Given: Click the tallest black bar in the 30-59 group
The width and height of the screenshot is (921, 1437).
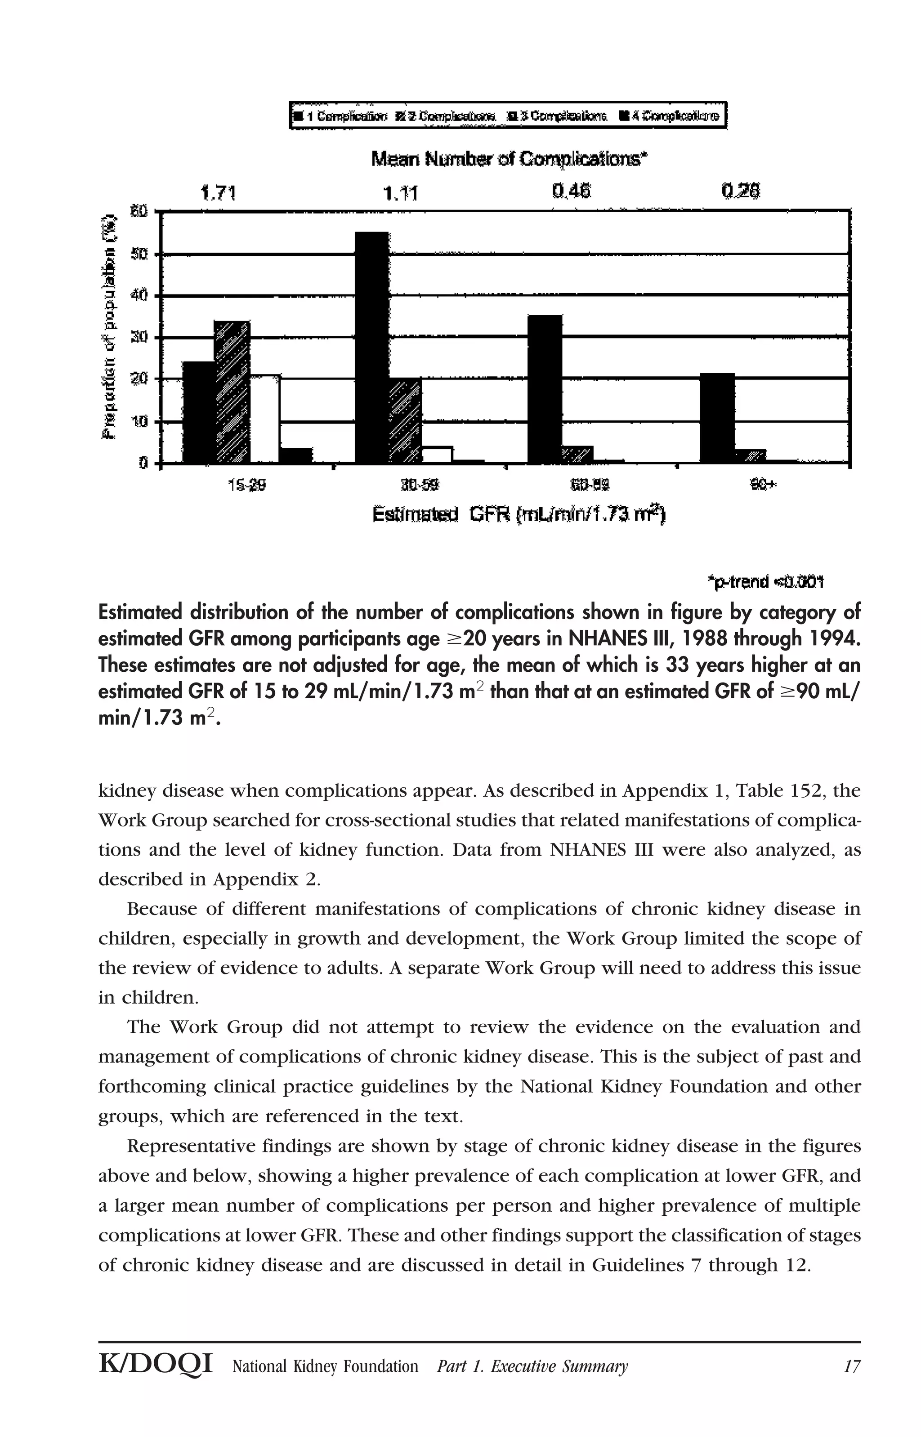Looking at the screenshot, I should (371, 347).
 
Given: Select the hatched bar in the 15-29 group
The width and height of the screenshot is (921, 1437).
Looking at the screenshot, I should (232, 392).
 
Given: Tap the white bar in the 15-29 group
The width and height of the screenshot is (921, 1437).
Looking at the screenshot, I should (265, 419).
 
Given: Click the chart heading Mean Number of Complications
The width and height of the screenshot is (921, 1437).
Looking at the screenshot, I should (510, 160).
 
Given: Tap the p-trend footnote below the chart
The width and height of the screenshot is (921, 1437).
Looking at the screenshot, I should (765, 582).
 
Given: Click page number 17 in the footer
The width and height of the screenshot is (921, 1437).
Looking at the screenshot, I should (852, 1366).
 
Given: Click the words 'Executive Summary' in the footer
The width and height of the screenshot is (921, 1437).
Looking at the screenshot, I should (559, 1366).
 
